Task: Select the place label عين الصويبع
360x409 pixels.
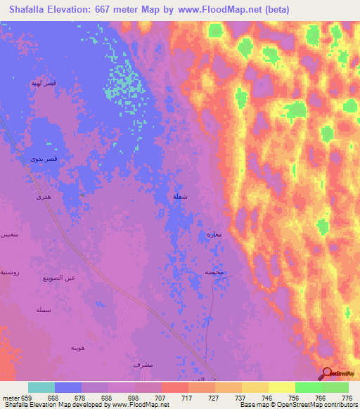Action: tap(71, 278)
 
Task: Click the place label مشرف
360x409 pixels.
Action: tap(143, 365)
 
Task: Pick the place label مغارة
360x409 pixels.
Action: tap(214, 234)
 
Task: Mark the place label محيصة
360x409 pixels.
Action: tap(214, 272)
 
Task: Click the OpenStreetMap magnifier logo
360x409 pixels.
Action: tap(328, 373)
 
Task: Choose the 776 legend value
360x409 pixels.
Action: tap(347, 397)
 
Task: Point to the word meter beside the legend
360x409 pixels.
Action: tap(9, 397)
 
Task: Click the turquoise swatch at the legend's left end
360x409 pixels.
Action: tap(41, 387)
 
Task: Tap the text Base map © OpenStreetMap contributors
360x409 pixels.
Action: tap(298, 405)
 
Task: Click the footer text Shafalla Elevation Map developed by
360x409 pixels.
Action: tap(53, 405)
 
